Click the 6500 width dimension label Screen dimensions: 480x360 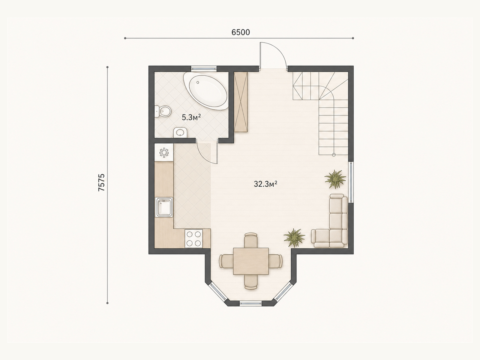click(x=241, y=32)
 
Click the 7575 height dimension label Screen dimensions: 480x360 click(x=102, y=182)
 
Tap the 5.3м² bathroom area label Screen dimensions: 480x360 click(x=191, y=118)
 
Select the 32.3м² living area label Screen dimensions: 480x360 click(x=265, y=184)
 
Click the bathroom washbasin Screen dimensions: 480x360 click(x=180, y=133)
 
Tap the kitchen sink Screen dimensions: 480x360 click(x=164, y=207)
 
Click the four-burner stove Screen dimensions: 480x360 click(x=193, y=238)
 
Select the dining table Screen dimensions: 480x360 click(x=251, y=261)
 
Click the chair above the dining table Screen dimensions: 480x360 click(x=251, y=240)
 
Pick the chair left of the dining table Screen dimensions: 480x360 click(x=226, y=261)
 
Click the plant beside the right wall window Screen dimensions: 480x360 click(x=335, y=179)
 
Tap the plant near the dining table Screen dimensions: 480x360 click(x=294, y=238)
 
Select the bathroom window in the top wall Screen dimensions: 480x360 click(x=204, y=68)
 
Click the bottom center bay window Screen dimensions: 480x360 click(x=250, y=303)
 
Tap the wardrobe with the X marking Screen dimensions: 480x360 click(x=241, y=102)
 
